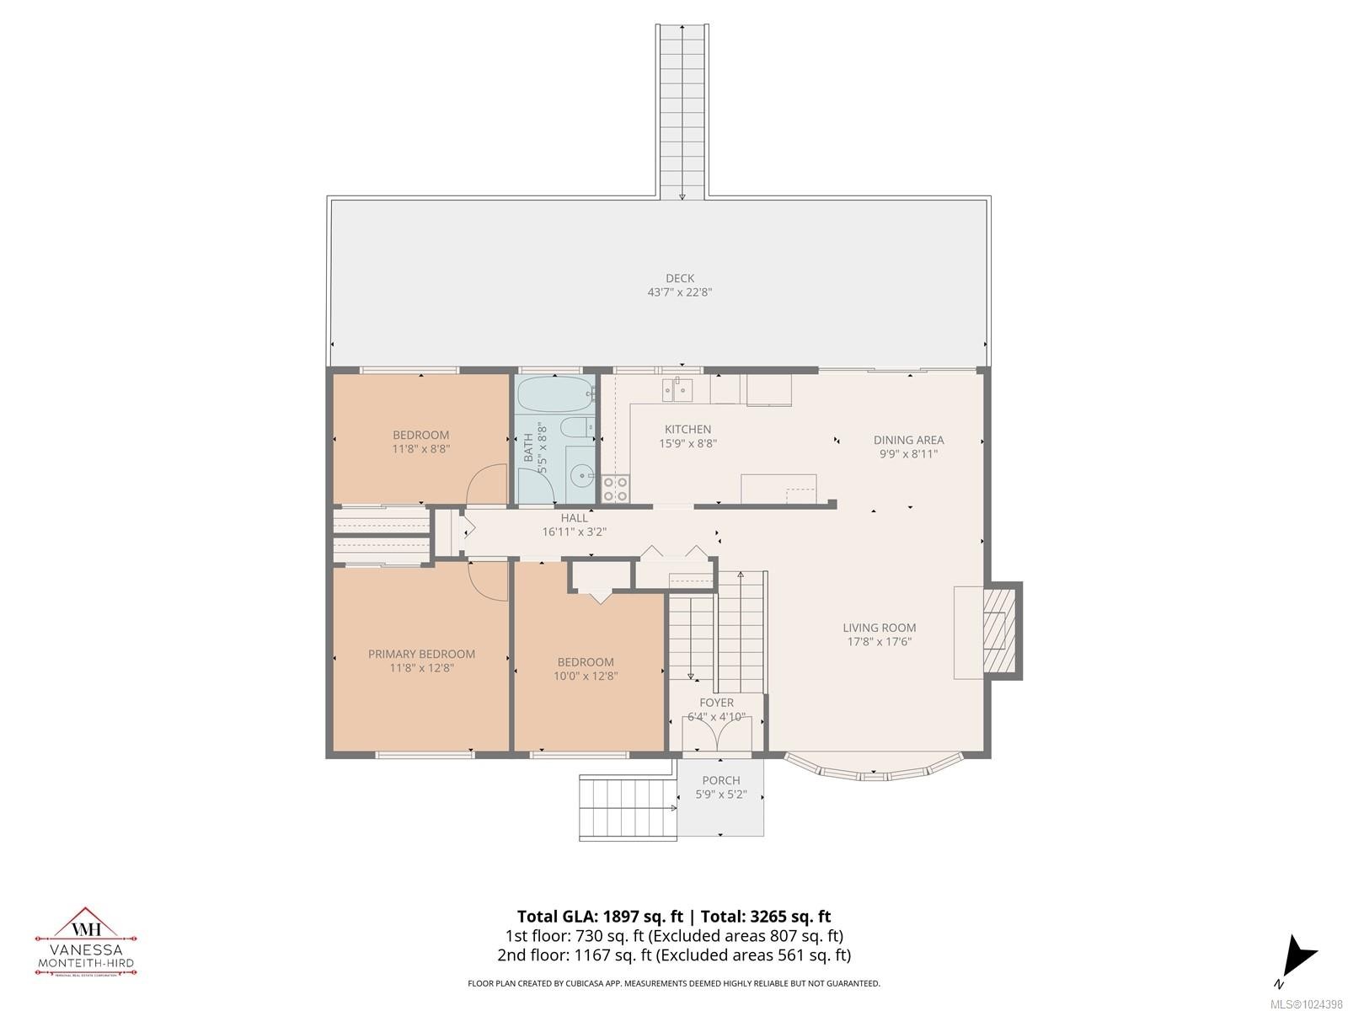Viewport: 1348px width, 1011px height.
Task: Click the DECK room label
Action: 679,279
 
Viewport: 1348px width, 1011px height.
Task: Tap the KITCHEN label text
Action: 687,430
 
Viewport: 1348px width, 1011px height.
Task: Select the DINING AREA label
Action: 908,440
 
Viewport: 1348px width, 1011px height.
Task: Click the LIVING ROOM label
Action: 880,628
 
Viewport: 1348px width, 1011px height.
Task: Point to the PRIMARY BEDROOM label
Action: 421,654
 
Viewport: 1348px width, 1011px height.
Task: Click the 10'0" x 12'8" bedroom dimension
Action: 586,676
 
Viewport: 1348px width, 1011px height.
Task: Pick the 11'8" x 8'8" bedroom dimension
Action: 421,449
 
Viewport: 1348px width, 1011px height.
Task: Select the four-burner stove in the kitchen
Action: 615,489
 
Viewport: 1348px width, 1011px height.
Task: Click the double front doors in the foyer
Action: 716,736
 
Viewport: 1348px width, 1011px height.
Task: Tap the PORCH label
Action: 720,780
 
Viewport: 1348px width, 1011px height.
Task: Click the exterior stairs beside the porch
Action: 628,808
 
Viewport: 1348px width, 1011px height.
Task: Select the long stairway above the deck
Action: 682,110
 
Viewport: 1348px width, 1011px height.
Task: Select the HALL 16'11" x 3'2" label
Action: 575,525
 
